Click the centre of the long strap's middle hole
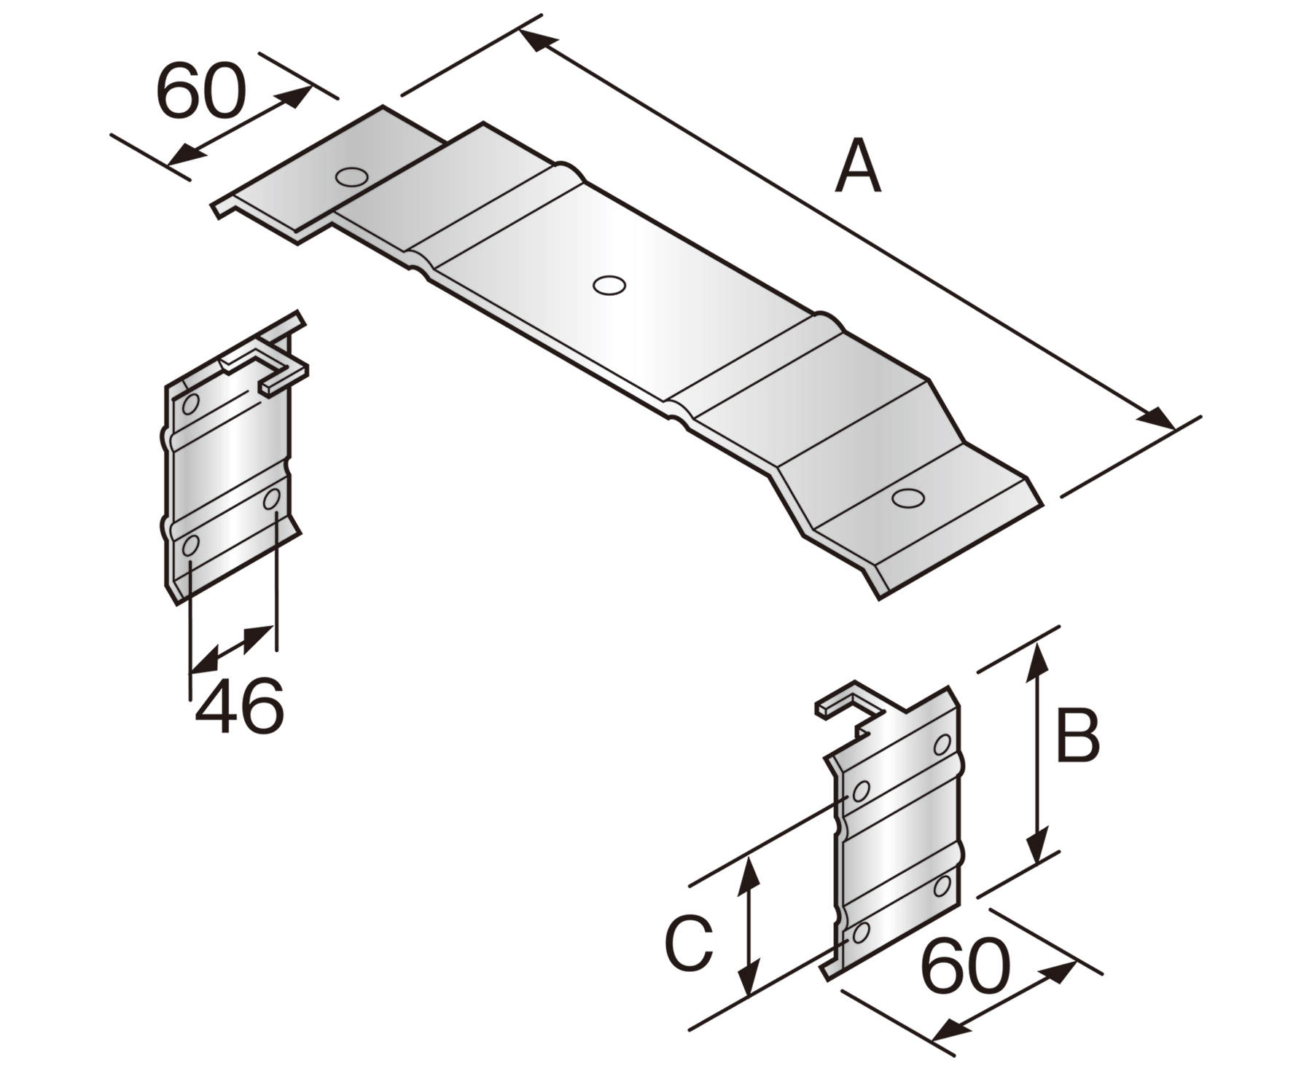click(609, 285)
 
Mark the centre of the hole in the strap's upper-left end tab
click(351, 176)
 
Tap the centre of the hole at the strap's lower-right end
click(908, 498)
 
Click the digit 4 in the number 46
click(218, 705)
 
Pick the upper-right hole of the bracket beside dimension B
click(942, 744)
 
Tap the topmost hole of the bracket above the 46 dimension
click(190, 403)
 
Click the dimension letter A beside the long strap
click(858, 168)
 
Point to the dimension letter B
click(1077, 737)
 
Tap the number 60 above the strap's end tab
click(201, 91)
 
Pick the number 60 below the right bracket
click(966, 967)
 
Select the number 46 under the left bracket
click(239, 705)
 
